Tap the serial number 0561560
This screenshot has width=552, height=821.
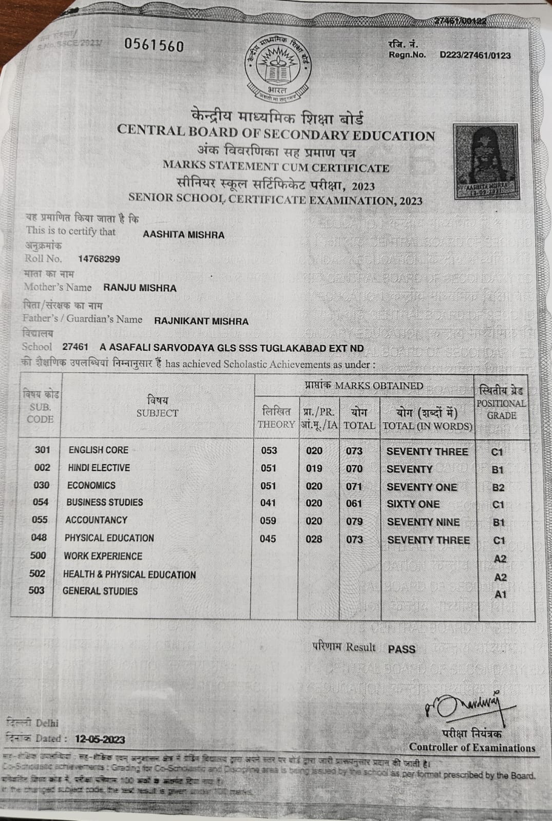154,46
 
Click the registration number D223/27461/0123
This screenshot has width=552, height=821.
475,55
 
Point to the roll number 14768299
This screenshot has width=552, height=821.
99,259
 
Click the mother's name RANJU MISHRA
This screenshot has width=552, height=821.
140,288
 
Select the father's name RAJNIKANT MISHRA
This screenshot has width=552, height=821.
201,321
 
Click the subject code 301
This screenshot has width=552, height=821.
43,450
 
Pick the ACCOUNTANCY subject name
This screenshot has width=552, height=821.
96,520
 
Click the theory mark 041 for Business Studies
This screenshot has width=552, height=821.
268,503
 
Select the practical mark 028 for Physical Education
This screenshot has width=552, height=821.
314,539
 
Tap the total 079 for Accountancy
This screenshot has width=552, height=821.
354,521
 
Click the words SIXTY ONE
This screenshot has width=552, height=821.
413,504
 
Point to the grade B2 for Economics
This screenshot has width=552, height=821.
498,488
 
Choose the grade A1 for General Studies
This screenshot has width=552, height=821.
500,595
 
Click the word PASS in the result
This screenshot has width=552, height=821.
402,649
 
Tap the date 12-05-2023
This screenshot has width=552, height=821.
100,739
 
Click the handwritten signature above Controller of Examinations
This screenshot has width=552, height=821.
463,707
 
